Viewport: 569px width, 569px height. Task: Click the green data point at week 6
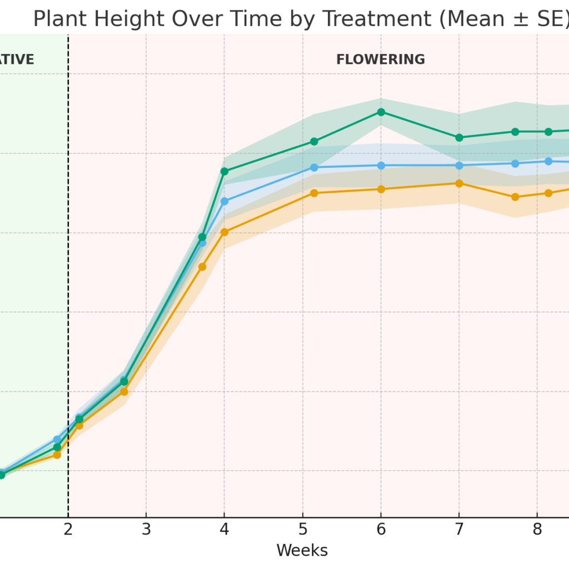(381, 112)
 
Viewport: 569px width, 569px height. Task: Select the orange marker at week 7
(459, 183)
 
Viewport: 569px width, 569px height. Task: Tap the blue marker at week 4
(224, 201)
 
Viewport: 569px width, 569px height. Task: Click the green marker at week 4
(224, 171)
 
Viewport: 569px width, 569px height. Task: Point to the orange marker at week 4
(224, 232)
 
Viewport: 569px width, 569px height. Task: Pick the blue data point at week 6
(381, 166)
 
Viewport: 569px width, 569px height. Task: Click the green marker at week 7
(459, 137)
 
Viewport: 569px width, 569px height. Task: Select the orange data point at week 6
(381, 189)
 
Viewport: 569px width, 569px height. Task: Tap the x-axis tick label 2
(68, 530)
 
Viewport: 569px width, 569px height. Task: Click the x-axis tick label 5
(303, 530)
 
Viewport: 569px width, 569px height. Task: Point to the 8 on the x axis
(537, 530)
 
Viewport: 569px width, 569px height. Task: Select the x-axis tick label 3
(146, 530)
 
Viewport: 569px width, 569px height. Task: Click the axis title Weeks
(302, 551)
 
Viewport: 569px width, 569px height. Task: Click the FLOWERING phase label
(380, 60)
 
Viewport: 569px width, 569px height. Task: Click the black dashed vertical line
(68, 278)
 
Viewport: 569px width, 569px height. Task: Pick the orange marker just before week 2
(57, 455)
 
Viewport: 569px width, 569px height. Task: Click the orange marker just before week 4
(202, 267)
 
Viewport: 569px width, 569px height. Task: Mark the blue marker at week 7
(459, 166)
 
